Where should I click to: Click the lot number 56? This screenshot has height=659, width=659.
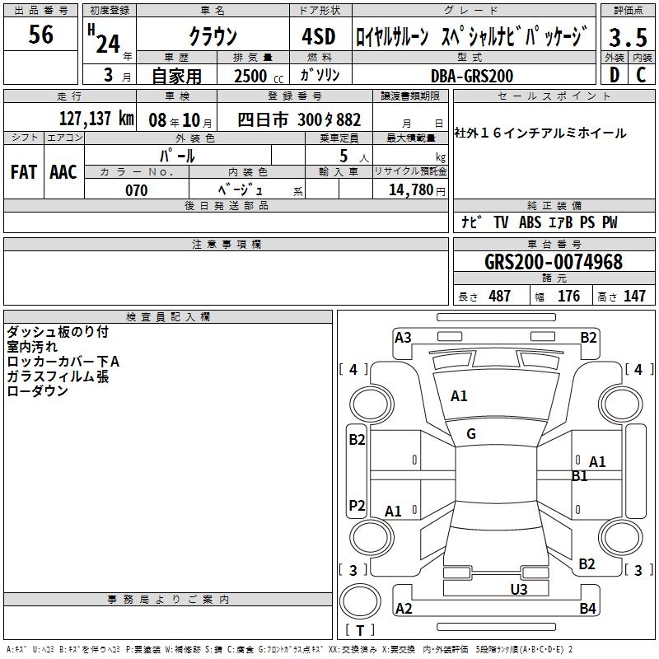click(40, 34)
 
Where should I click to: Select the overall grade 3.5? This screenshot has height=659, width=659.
click(628, 37)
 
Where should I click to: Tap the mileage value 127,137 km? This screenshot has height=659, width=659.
click(96, 119)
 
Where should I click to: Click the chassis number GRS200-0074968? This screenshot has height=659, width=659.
click(554, 262)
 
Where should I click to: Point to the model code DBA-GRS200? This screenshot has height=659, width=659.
click(472, 76)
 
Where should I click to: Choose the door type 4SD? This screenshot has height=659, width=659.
click(319, 36)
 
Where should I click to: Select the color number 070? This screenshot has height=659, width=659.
click(137, 190)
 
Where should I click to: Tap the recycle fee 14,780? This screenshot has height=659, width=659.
click(410, 190)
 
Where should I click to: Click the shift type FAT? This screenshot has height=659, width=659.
click(24, 172)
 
